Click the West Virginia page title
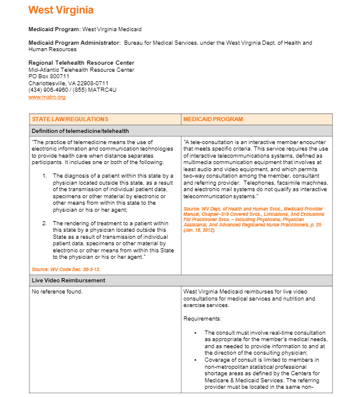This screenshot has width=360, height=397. click(61, 10)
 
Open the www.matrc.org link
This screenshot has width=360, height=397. click(47, 96)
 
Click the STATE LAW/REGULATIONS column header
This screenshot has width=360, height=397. click(70, 119)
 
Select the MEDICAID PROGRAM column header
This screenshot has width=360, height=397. click(212, 119)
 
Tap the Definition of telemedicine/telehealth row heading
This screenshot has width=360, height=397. click(80, 131)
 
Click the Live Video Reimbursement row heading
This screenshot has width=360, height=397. click(68, 281)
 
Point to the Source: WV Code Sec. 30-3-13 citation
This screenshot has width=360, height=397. click(66, 269)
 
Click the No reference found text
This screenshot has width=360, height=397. click(57, 292)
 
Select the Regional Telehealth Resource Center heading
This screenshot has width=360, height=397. click(81, 63)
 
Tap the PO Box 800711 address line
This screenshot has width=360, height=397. click(49, 76)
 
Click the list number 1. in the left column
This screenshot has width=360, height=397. click(45, 175)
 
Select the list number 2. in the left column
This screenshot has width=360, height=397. click(45, 223)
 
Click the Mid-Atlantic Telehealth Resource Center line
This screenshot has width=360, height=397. click(81, 70)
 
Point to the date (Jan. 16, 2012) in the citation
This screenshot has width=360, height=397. click(199, 229)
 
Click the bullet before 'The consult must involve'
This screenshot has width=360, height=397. click(196, 333)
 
